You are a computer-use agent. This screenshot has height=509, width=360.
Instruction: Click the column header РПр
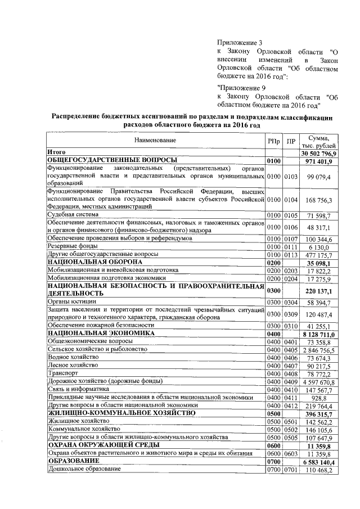[x=273, y=140]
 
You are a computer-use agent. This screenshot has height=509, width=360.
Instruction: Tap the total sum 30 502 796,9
[x=318, y=153]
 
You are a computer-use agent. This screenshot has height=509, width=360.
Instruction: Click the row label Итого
[x=57, y=153]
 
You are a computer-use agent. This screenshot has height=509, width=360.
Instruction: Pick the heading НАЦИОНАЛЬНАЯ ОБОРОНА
[x=94, y=262]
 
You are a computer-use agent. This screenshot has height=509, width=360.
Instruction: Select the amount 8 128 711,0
[x=319, y=334]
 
